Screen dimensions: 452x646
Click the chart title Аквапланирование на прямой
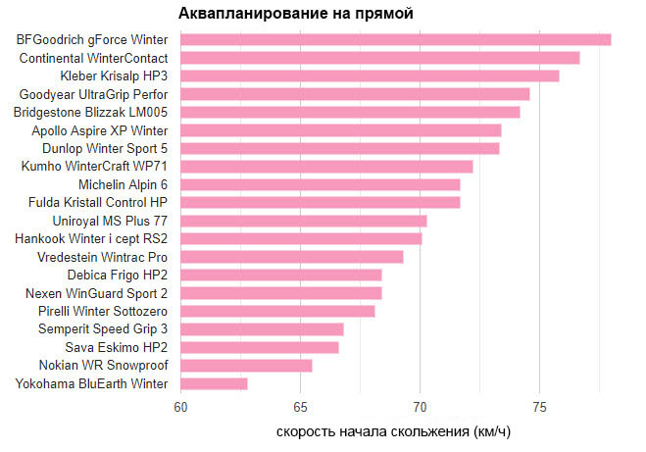pyautogui.click(x=295, y=14)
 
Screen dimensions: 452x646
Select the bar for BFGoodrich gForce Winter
pyautogui.click(x=396, y=39)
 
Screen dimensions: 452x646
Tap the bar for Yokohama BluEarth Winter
pyautogui.click(x=214, y=383)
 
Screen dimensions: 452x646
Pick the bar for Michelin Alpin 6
pyautogui.click(x=321, y=184)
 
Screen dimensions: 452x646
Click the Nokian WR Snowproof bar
pyautogui.click(x=246, y=366)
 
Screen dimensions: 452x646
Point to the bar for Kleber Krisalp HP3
pyautogui.click(x=370, y=75)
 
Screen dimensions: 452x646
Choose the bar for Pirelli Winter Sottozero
pyautogui.click(x=277, y=311)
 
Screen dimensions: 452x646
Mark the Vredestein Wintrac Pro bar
pyautogui.click(x=292, y=257)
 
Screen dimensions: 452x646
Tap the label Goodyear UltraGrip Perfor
pyautogui.click(x=93, y=94)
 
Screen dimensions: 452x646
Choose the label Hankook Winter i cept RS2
pyautogui.click(x=91, y=238)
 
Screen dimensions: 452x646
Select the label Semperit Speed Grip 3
pyautogui.click(x=103, y=328)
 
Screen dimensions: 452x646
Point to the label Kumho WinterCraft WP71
pyautogui.click(x=94, y=166)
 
